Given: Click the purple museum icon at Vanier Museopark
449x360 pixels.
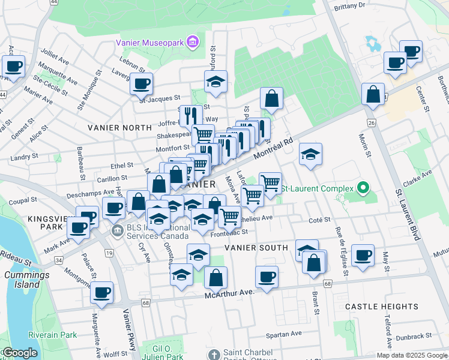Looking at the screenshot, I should coord(193,42).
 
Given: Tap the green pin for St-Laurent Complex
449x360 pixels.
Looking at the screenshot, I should coord(363,189).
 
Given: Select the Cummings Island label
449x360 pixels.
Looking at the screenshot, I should coord(25,280).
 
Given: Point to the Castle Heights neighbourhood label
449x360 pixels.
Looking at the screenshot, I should coord(382,307).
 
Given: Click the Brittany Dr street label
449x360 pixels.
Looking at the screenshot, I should coord(352,5).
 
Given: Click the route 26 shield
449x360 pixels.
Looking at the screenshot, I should coord(372,123).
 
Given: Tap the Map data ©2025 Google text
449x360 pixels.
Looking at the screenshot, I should coord(412,355).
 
